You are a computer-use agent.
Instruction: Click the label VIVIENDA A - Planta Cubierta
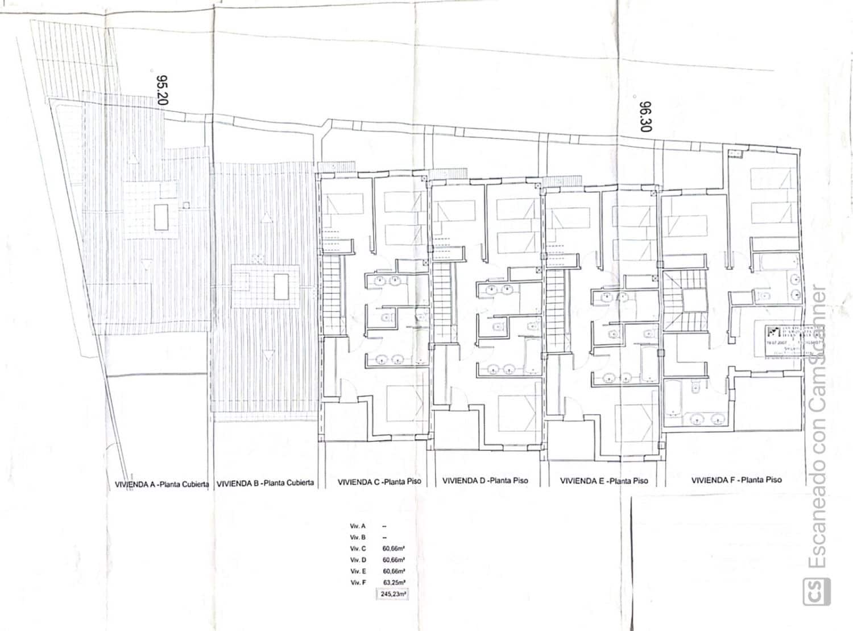point(162,484)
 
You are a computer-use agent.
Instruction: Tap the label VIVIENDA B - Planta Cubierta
point(266,483)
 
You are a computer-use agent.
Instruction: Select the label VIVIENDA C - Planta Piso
point(379,481)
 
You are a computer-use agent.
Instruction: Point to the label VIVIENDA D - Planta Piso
point(485,481)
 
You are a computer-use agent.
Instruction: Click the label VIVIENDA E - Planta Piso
point(604,481)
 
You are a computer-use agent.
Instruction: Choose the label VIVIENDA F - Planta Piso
point(736,480)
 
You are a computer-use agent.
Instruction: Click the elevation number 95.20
point(162,90)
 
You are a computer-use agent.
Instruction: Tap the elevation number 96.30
point(645,117)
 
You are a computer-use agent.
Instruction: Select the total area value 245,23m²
point(393,594)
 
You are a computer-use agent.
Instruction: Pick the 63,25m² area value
point(394,582)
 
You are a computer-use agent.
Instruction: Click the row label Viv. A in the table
point(358,526)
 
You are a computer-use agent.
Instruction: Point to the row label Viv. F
point(358,582)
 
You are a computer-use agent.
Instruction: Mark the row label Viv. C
point(358,548)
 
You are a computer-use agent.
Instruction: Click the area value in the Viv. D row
point(394,560)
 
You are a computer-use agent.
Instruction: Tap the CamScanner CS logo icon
point(816,592)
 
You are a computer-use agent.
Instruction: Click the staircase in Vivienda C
point(334,296)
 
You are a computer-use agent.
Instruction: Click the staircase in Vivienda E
point(558,310)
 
